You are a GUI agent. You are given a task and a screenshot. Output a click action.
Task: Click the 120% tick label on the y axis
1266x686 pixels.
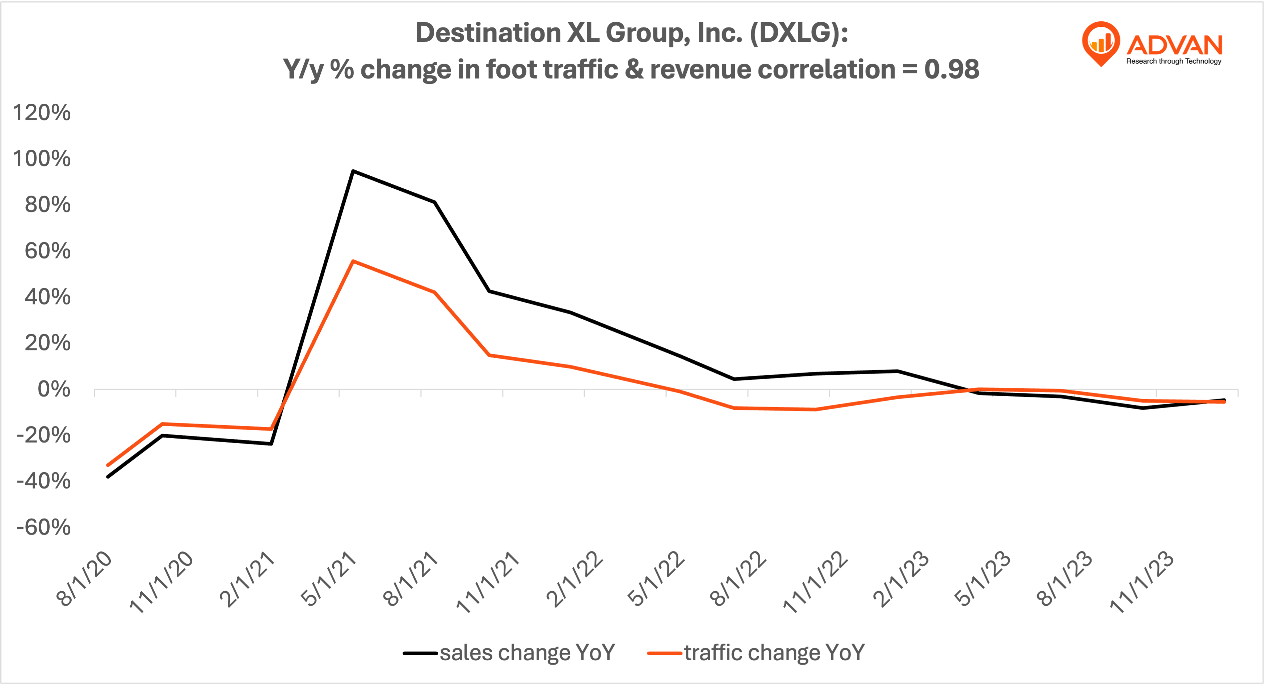pos(41,113)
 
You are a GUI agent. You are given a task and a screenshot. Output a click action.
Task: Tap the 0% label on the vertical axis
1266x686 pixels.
pos(54,389)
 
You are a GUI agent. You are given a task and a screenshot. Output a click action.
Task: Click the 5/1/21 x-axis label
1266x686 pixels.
pos(329,579)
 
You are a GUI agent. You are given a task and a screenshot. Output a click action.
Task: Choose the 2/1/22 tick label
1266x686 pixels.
pos(575,579)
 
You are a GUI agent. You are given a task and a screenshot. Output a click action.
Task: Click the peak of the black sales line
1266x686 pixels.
pos(353,171)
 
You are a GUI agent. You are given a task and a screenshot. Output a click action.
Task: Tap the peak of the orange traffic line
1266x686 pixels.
pos(353,261)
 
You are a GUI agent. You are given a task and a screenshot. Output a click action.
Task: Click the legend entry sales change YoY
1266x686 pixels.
pos(509,653)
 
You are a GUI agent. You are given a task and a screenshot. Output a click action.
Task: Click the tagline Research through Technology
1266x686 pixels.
pos(1174,61)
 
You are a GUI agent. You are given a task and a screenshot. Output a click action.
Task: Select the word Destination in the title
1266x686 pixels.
pos(488,33)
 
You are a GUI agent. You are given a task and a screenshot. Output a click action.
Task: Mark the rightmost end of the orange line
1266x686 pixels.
pos(1224,402)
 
